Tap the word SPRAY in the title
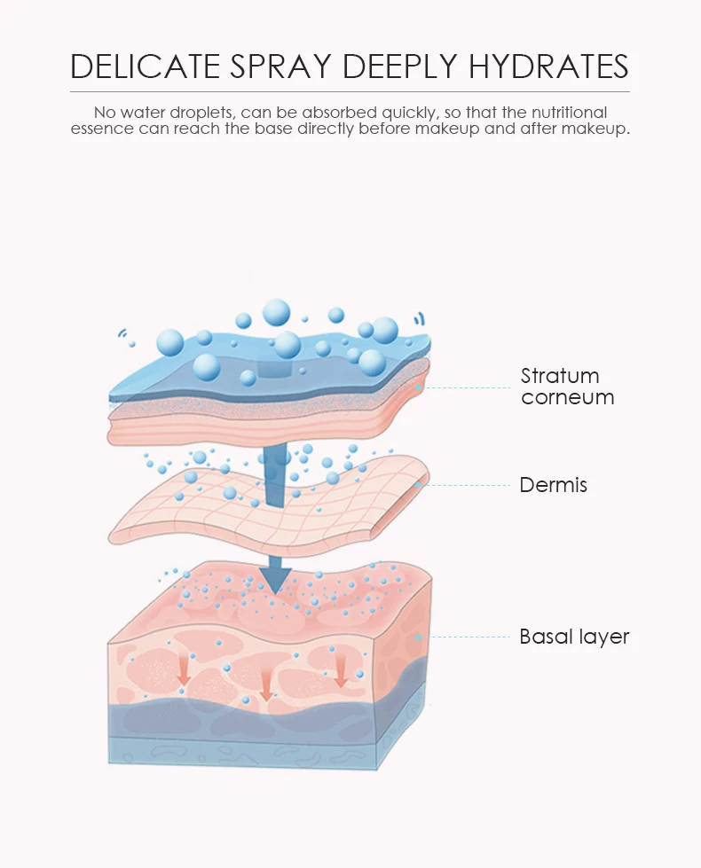pyautogui.click(x=288, y=66)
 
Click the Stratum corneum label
pyautogui.click(x=567, y=387)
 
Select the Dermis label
pyautogui.click(x=553, y=485)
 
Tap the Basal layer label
pyautogui.click(x=574, y=637)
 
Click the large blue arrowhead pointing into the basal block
pyautogui.click(x=275, y=577)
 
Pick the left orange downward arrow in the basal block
pyautogui.click(x=184, y=669)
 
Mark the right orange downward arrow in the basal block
pyautogui.click(x=341, y=671)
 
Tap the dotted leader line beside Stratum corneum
pyautogui.click(x=470, y=387)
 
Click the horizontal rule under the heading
pyautogui.click(x=350, y=91)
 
